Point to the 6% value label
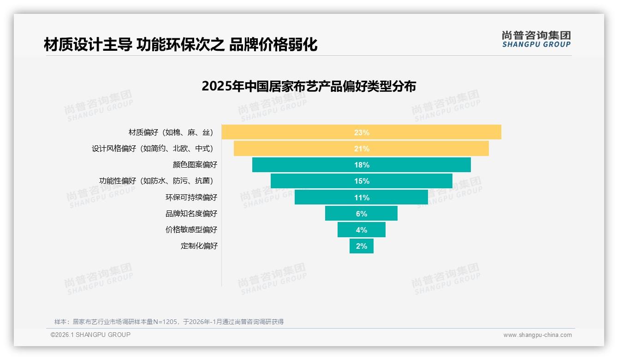362,214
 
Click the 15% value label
362,181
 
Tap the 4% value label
362,230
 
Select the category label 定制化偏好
199,246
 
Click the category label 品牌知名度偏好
191,214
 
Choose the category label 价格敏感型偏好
191,230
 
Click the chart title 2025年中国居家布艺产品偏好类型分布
309,86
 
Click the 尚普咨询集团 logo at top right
536,39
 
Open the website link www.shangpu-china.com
537,335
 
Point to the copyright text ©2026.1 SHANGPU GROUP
90,335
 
